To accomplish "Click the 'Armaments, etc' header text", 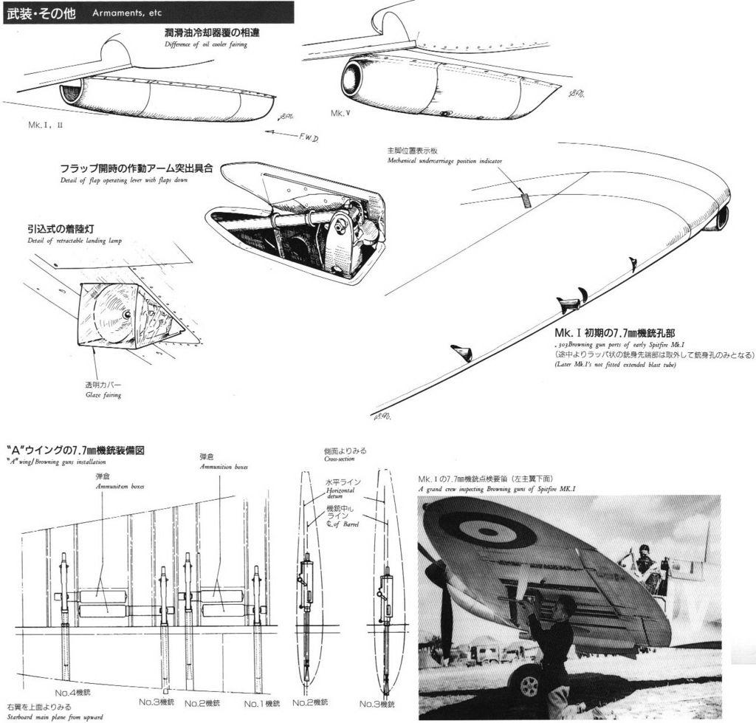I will (x=127, y=13).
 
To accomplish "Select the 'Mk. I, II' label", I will (x=45, y=126).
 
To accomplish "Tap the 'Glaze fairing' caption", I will (x=103, y=395).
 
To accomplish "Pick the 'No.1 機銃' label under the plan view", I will (x=262, y=704).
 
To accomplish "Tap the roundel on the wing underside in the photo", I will (x=487, y=530).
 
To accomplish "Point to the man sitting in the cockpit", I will (x=645, y=561).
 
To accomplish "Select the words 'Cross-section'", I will (x=340, y=459).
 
